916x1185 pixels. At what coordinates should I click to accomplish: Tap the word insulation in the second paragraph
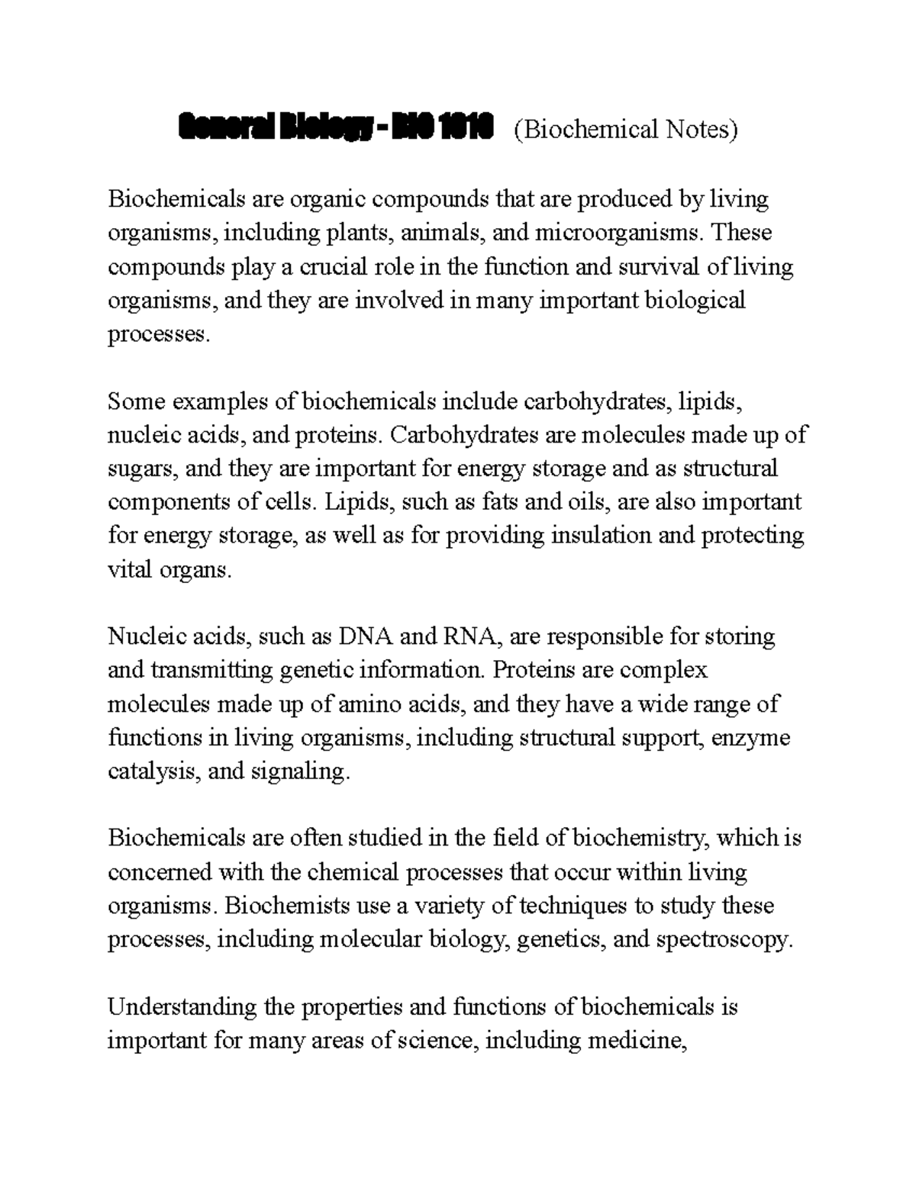[604, 536]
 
